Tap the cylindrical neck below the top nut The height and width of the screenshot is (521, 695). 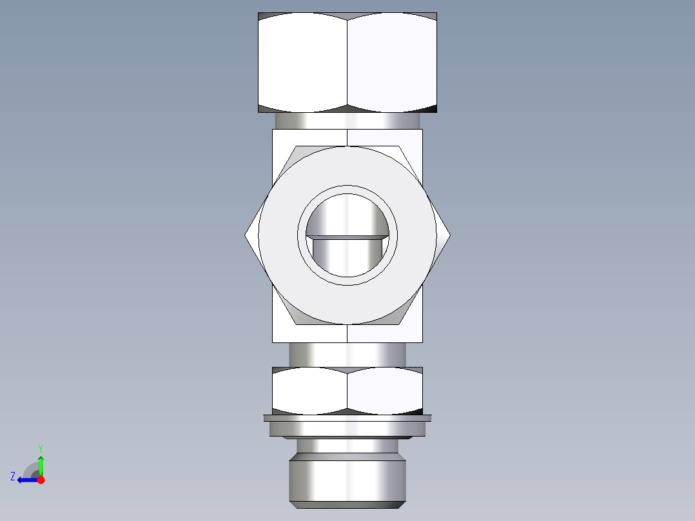347,121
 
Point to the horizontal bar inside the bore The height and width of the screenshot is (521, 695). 347,237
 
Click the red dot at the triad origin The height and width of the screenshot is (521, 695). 41,480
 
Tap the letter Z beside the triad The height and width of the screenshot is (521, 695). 13,477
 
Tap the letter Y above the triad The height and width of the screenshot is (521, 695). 40,447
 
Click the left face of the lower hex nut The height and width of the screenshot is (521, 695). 309,390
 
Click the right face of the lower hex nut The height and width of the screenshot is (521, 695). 386,390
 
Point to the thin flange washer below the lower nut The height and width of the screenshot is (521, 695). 347,418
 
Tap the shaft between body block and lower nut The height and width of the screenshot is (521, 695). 347,355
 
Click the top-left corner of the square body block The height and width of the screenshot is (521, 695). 273,130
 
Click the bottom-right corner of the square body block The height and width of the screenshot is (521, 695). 422,341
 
